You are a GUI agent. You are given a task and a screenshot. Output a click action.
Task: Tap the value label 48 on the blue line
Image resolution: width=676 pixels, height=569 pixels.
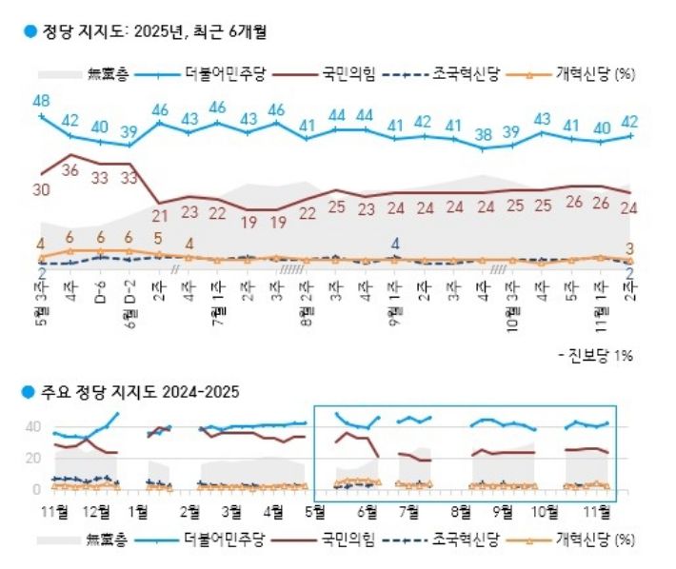(x=41, y=101)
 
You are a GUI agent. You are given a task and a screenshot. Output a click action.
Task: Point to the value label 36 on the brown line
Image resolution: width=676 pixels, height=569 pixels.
(x=70, y=170)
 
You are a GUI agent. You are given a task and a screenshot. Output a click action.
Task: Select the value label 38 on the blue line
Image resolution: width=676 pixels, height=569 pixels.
(x=484, y=134)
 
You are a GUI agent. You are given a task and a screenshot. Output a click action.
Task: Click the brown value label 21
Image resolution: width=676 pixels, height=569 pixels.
(x=159, y=216)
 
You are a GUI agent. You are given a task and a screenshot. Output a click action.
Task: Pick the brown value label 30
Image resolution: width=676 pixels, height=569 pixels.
(x=40, y=189)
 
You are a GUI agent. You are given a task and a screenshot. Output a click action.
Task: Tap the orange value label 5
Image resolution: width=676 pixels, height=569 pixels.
(x=159, y=239)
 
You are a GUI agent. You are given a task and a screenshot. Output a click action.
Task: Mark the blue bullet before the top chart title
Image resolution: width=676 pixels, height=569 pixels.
(x=29, y=31)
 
